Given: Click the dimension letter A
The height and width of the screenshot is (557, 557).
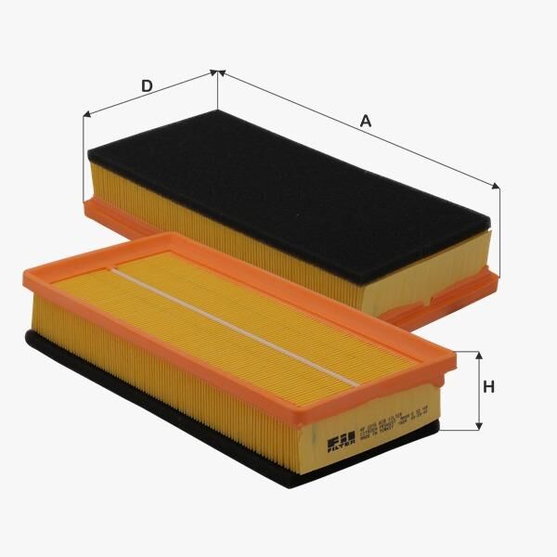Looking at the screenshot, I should point(365,121).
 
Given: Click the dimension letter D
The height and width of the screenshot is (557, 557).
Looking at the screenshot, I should point(147,86).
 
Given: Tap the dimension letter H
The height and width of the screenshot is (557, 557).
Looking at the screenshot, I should point(488,387).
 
